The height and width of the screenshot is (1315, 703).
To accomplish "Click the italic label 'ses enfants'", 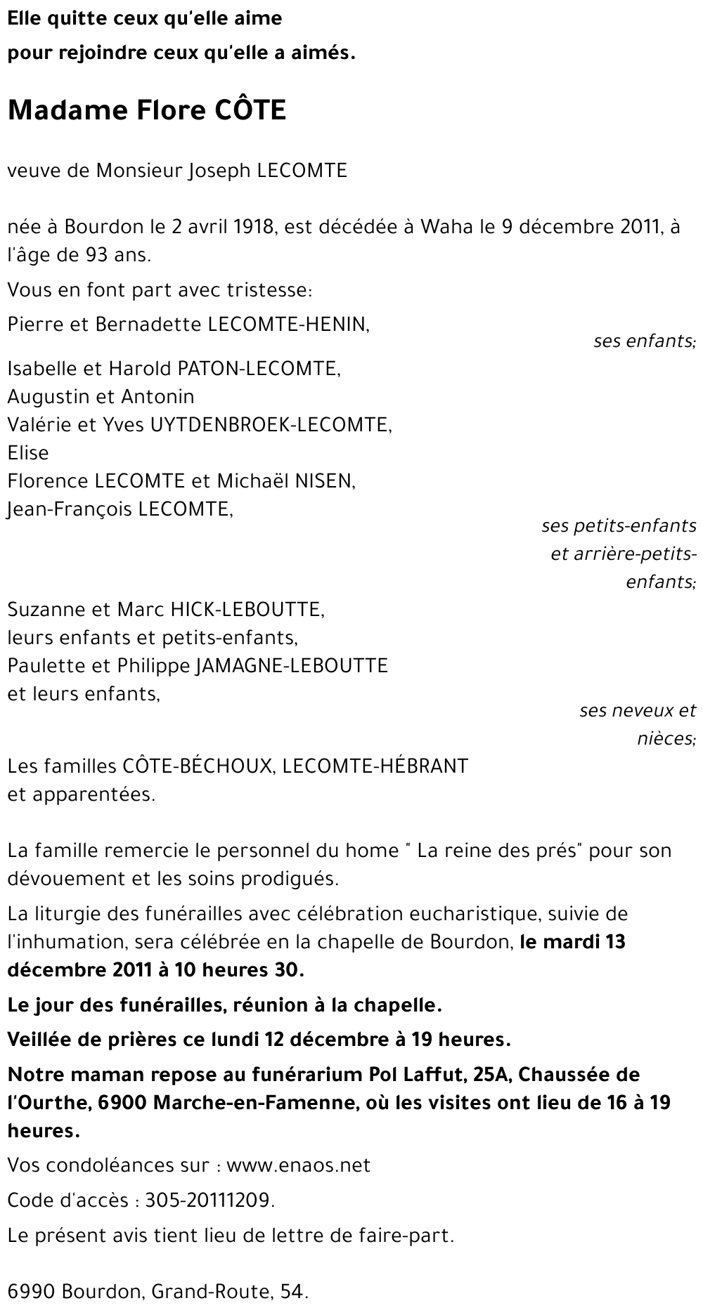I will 643,341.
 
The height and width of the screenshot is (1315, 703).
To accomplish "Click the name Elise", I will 28,453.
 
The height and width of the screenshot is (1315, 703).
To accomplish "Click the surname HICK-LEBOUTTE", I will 247,609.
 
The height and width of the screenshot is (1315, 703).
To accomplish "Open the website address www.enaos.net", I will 299,1165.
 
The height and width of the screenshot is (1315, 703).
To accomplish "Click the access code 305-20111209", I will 208,1200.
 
